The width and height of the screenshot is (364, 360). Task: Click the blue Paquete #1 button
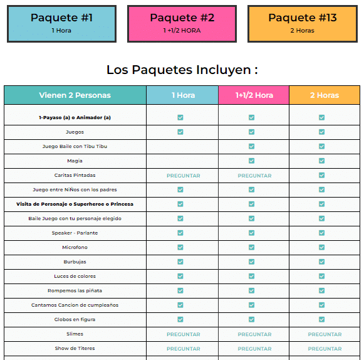(x=61, y=24)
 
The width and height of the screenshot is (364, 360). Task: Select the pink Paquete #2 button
(x=182, y=24)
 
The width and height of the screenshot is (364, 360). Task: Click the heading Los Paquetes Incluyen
(x=182, y=70)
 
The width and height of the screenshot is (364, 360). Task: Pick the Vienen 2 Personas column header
(x=75, y=95)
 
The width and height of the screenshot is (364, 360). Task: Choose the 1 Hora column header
(x=183, y=95)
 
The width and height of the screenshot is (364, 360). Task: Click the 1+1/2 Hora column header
(x=254, y=95)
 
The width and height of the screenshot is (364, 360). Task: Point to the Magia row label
(x=75, y=161)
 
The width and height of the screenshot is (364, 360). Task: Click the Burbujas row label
(x=75, y=262)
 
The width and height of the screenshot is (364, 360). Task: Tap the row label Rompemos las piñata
(x=75, y=291)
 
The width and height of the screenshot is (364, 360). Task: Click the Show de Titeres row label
(x=75, y=349)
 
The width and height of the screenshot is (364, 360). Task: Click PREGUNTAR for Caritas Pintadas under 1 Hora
(x=183, y=176)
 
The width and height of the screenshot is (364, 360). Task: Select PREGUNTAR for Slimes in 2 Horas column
(x=325, y=334)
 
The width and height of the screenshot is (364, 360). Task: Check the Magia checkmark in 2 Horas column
(x=321, y=161)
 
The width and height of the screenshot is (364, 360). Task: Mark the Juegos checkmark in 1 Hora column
(x=180, y=132)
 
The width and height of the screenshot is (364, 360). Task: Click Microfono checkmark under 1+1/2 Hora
(x=251, y=248)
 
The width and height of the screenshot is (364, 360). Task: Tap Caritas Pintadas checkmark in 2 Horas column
(x=321, y=176)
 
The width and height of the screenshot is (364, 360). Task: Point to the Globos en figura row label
(x=75, y=320)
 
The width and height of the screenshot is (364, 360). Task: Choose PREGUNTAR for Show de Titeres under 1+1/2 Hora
(x=254, y=349)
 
